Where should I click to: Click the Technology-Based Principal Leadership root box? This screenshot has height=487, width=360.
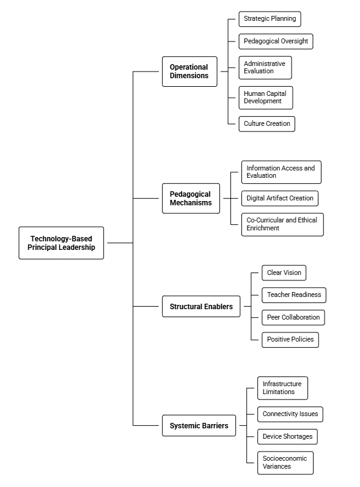(x=61, y=243)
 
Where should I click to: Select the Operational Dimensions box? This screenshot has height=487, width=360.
(x=189, y=71)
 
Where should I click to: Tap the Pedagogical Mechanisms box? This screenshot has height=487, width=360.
(x=191, y=199)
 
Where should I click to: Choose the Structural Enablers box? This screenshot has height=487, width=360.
(x=201, y=307)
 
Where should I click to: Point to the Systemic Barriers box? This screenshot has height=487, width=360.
(x=199, y=425)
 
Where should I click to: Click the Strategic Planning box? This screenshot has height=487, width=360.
(x=270, y=19)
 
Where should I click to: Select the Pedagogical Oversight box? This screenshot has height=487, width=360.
(x=276, y=42)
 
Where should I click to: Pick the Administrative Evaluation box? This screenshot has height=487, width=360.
(x=265, y=68)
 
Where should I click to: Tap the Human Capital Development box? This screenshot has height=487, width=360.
(x=266, y=98)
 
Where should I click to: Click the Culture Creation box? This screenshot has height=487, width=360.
(x=267, y=124)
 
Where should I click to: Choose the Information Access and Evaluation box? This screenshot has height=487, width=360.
(x=281, y=172)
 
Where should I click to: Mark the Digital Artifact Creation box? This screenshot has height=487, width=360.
(x=280, y=199)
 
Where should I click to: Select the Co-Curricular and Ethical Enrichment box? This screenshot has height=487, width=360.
(x=282, y=224)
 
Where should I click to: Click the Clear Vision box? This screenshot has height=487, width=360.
(x=284, y=273)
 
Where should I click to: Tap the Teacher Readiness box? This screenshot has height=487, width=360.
(x=294, y=295)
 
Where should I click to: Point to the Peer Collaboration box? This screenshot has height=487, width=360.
(x=293, y=317)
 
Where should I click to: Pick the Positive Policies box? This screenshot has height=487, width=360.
(x=290, y=340)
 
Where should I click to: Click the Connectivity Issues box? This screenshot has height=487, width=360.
(x=290, y=414)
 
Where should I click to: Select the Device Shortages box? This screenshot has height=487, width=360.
(x=287, y=437)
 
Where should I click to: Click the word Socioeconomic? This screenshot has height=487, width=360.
(x=285, y=458)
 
